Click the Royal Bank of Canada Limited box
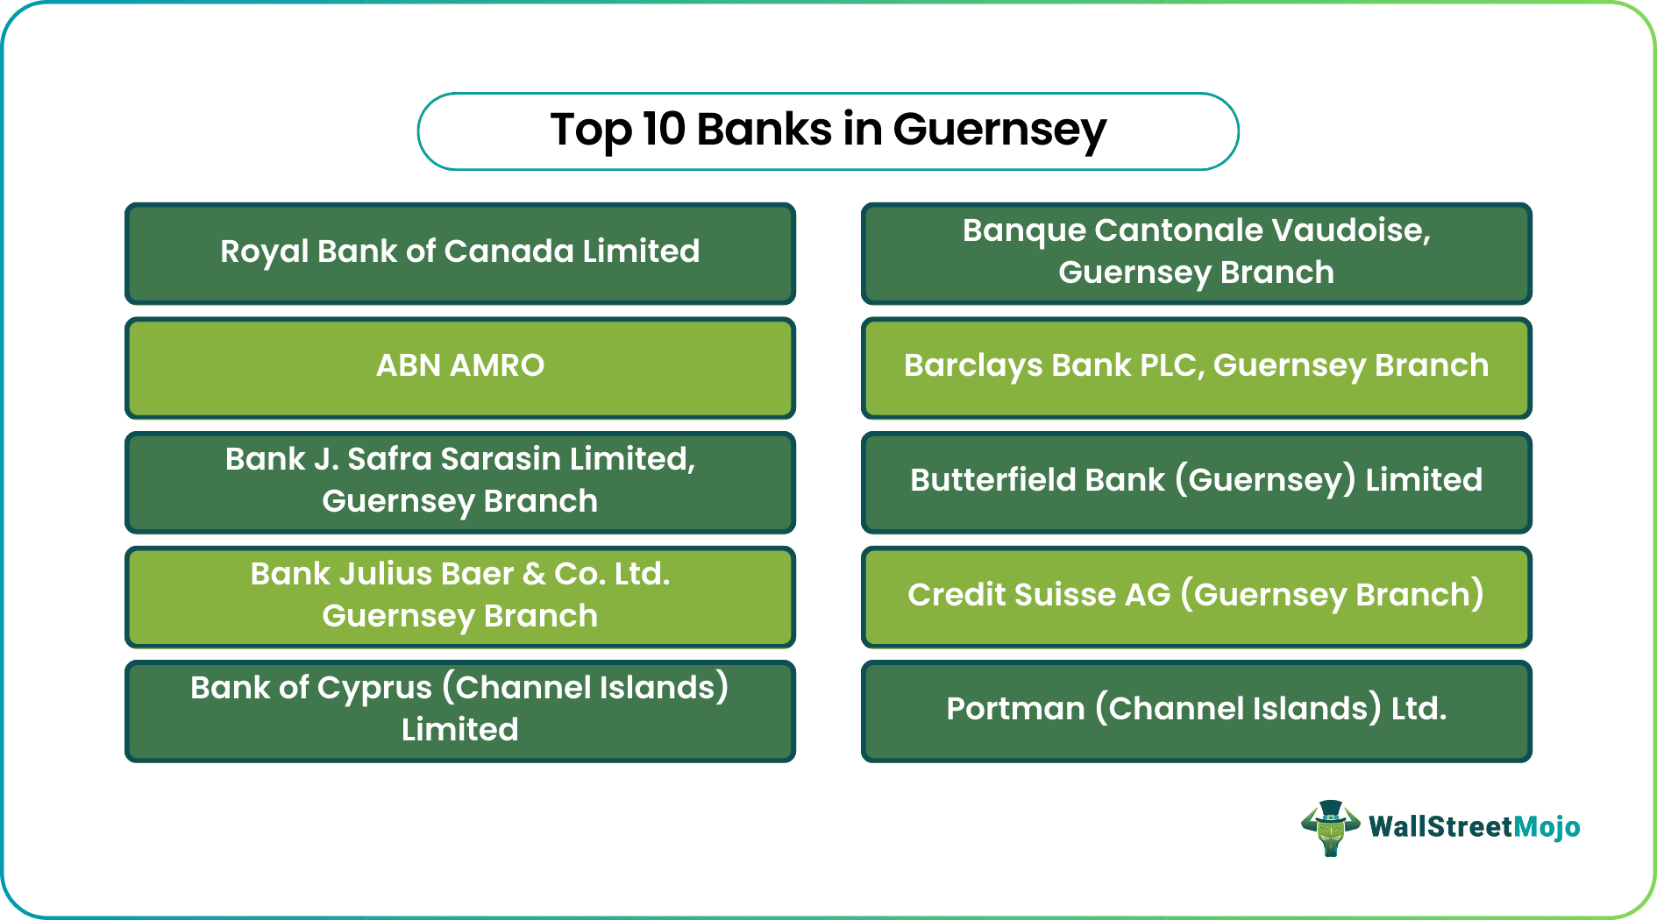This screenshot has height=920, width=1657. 459,253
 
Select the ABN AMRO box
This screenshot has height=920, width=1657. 459,367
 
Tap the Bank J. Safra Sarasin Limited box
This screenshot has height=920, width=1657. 459,482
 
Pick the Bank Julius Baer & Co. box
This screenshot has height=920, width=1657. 459,597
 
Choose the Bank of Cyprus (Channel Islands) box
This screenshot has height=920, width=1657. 459,711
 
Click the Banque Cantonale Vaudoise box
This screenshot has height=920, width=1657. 1196,253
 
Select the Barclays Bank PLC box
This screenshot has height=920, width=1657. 1196,367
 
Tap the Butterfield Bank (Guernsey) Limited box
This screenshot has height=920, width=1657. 1196,482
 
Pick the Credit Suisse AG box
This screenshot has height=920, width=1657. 1196,597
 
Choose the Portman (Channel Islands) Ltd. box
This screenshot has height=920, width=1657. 1196,711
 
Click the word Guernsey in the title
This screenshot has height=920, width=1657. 999,131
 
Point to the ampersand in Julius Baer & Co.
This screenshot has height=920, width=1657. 533,575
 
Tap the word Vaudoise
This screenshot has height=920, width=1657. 1350,230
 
